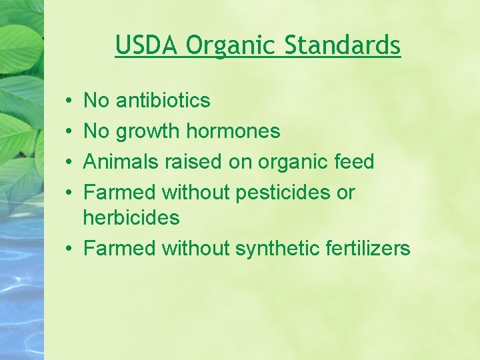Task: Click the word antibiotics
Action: pyautogui.click(x=163, y=101)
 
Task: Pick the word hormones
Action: pyautogui.click(x=233, y=131)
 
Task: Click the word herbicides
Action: pyautogui.click(x=131, y=217)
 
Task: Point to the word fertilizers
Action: pyautogui.click(x=369, y=249)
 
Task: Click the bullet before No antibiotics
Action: pyautogui.click(x=70, y=101)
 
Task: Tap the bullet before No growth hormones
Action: pyautogui.click(x=70, y=132)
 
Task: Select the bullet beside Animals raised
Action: pyautogui.click(x=70, y=163)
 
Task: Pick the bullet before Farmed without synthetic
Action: pyautogui.click(x=70, y=249)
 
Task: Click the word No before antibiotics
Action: pyautogui.click(x=96, y=101)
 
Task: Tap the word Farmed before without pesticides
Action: pyautogui.click(x=120, y=193)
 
